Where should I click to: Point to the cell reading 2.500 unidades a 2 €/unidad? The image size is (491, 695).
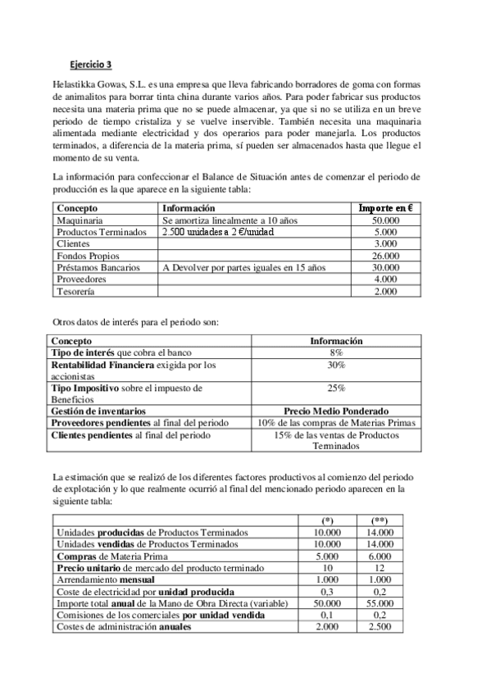pos(217,232)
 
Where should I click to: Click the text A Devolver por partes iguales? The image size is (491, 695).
pos(215,267)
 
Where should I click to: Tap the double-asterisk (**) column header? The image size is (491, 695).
pos(380,520)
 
